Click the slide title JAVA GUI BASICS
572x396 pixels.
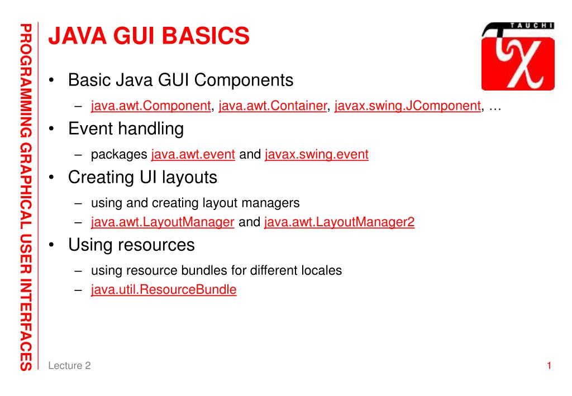tap(149, 36)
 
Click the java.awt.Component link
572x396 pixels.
tap(150, 106)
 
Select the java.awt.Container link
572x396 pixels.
tap(273, 106)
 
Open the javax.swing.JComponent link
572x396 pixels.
tap(407, 106)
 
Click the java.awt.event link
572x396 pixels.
tap(193, 155)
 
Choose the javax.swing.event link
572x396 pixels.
tap(317, 155)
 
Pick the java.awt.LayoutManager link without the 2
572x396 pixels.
tap(162, 222)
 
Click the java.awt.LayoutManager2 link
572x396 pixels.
tap(339, 222)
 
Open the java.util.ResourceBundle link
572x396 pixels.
tap(164, 290)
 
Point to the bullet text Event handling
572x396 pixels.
tap(126, 129)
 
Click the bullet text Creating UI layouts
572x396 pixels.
tap(142, 178)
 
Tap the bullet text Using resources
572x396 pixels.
tap(131, 245)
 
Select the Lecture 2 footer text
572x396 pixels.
tap(69, 366)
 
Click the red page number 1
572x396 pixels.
tap(549, 366)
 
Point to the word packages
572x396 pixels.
tap(119, 155)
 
